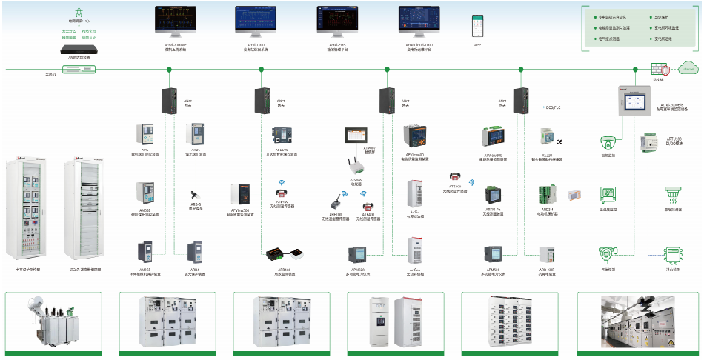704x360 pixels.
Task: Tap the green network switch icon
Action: [79, 70]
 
